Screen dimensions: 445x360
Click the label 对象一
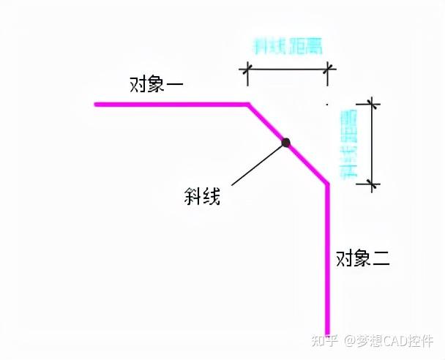click(x=157, y=84)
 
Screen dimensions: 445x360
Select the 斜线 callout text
click(x=202, y=196)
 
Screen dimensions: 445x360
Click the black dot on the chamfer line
click(x=286, y=143)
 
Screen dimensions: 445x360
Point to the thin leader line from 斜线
click(x=256, y=164)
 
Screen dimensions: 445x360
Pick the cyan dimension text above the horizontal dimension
click(x=288, y=46)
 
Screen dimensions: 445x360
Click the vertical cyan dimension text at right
click(x=348, y=144)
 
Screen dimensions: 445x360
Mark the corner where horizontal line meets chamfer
click(x=248, y=105)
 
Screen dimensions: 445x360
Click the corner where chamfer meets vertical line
click(x=327, y=184)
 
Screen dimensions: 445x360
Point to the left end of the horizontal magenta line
click(x=96, y=105)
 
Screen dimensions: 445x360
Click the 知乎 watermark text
click(x=324, y=341)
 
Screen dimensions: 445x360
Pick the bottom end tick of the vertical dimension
click(x=374, y=183)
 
